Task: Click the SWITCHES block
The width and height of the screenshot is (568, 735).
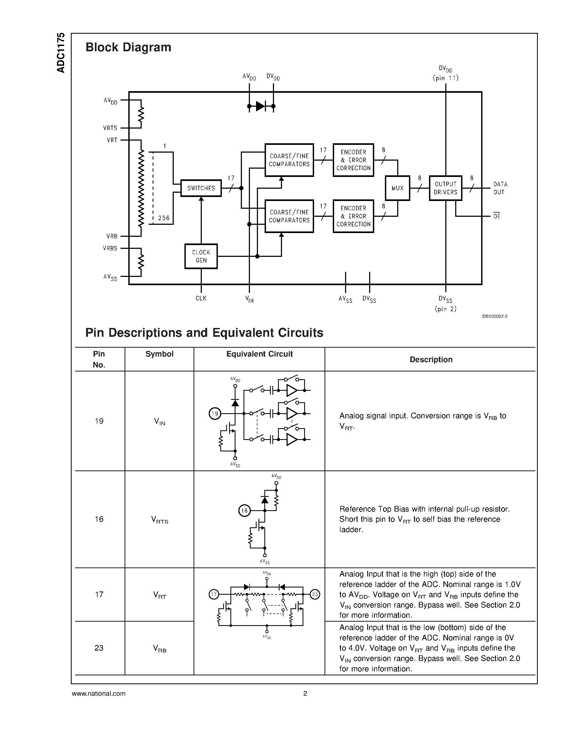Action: click(x=201, y=188)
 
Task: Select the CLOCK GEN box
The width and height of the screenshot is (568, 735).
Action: click(x=201, y=256)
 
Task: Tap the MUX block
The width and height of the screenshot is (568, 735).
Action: click(x=397, y=188)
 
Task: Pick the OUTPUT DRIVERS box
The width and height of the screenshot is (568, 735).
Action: click(x=445, y=188)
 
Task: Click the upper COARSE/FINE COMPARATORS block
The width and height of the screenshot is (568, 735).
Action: click(x=289, y=160)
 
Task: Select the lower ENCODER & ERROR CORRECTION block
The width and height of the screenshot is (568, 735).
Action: click(x=353, y=216)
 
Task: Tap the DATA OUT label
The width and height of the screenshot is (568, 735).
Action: click(x=500, y=188)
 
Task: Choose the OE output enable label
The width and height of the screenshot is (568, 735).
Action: click(x=497, y=216)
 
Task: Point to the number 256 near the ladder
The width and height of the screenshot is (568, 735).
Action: click(x=164, y=218)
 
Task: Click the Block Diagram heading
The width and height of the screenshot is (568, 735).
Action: click(x=128, y=47)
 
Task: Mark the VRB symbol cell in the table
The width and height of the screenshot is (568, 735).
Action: click(x=160, y=648)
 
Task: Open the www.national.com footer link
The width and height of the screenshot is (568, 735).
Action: click(x=99, y=693)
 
